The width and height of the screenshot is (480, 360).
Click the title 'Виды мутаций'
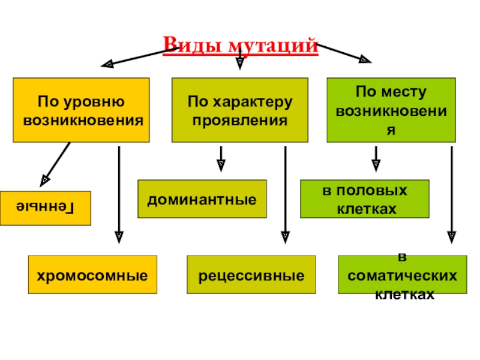240,45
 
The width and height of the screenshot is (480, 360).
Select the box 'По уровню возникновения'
81,110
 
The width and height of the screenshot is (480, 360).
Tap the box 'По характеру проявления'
240,110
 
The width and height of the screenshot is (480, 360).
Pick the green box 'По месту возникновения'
390,110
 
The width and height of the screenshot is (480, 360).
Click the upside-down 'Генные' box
46,208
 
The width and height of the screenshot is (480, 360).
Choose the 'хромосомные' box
93,275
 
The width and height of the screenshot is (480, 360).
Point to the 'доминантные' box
202,199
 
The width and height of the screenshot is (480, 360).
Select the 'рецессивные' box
251,275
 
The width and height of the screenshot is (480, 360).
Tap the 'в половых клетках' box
365,199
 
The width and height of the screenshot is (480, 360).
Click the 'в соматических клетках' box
402,275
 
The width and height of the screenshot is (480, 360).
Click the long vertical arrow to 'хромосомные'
119,192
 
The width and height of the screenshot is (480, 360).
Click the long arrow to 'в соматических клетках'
452,192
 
